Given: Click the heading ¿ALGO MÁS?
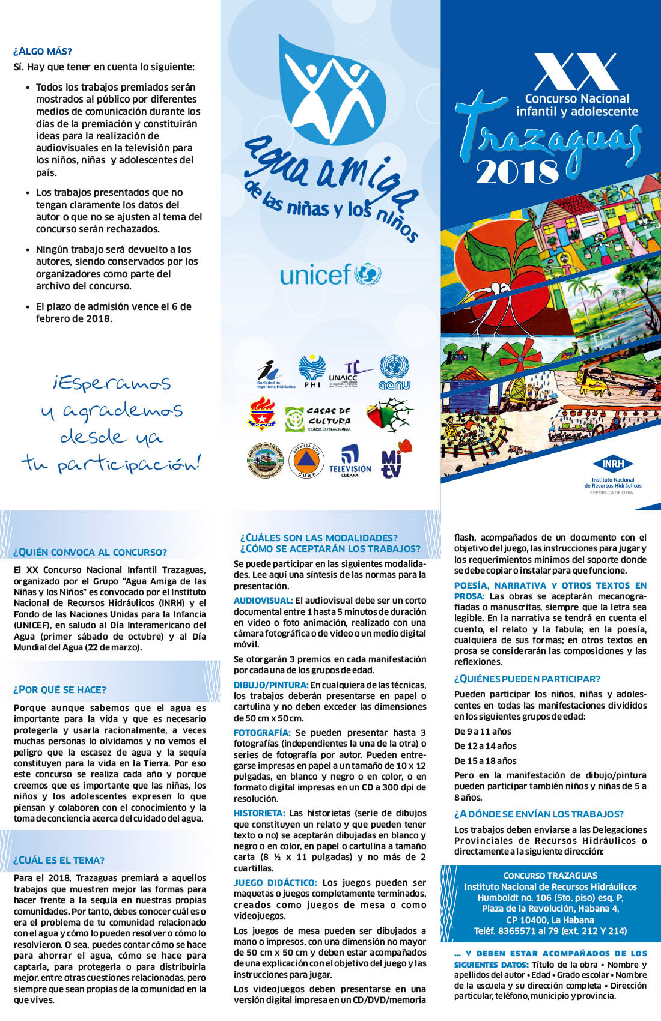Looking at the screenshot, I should pos(43,52).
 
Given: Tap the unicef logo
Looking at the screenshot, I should pos(330,275).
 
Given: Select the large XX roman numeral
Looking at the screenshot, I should pos(576,71).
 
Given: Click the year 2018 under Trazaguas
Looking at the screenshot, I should pos(517,172).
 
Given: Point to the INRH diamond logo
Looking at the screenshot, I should pos(612,464).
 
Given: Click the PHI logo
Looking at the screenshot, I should pos(312,371).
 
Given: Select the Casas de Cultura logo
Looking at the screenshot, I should pos(318,419).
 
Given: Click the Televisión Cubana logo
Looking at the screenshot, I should pos(350,461).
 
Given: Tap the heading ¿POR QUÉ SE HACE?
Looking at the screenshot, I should pos(59,689).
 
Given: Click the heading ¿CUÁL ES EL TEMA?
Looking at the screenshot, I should pos(59,860).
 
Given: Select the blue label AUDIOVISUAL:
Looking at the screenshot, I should pos(263,601).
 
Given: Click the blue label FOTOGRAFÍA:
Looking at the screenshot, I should pos(261,733).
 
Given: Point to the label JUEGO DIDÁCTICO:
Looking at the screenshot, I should pos(275,883).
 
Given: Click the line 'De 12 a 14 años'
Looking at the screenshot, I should pos(485,746).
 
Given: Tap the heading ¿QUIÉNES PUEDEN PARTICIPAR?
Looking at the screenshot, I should pos(527,679).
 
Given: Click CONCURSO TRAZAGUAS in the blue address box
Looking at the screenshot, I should pos(550,876).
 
